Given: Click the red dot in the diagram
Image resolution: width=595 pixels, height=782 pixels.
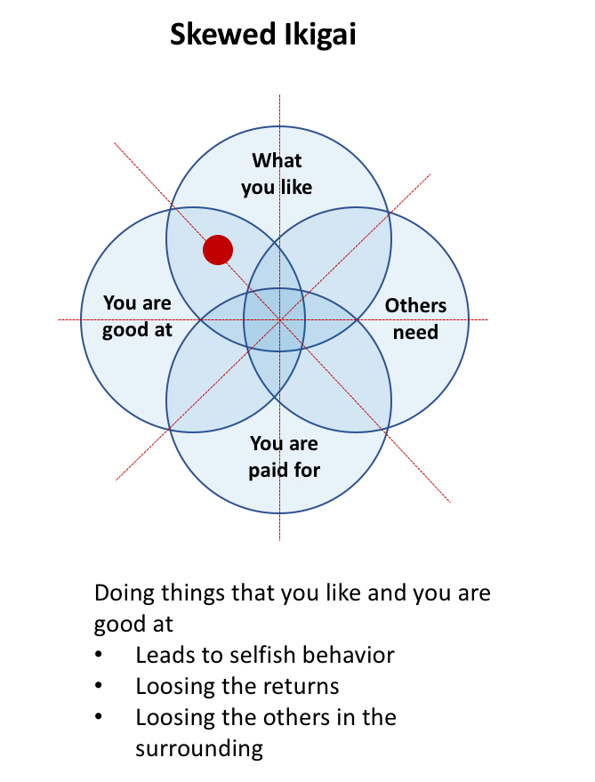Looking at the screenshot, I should pos(218,250).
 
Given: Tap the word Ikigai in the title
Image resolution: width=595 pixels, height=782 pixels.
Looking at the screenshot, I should pos(325,36).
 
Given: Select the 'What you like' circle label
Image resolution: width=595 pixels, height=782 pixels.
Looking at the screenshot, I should pos(277,173).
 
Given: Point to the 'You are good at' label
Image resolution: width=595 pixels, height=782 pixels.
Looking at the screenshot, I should pos(137,317).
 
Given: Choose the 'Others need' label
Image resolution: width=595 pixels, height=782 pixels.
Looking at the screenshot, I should pos(415,318).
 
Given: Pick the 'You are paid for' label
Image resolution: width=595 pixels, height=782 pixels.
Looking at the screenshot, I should pos(284,455).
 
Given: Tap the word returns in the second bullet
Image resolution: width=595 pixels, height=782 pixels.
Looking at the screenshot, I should pos(295,687).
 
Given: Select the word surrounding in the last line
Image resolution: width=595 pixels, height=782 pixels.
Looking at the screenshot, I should pos(199,748).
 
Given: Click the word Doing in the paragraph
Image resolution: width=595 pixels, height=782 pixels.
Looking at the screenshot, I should pos(122,593).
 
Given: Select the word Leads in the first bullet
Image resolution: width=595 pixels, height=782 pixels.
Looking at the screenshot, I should pos(161,656).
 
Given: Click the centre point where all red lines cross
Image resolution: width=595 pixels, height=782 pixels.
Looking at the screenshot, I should pos(279,319).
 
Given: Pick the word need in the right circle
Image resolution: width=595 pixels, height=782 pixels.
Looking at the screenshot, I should pos(415,333).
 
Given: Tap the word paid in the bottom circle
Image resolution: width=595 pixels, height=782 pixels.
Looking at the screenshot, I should pos(268,469).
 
